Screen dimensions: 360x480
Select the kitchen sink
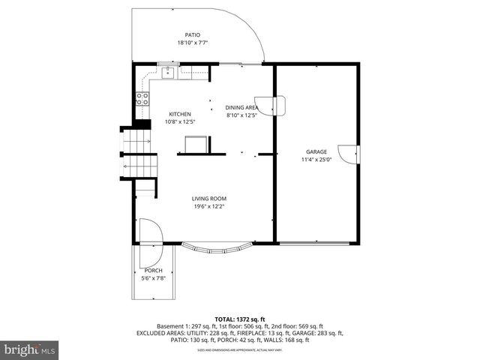(x=169, y=72)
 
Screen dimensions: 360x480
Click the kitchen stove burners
(x=141, y=97)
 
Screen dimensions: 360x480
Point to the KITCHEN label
(x=180, y=114)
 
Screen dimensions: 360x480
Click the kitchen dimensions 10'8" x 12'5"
(x=180, y=121)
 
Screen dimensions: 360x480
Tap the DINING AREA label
(x=241, y=107)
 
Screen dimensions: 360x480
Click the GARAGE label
(x=316, y=151)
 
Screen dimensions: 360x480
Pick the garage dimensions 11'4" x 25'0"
(x=316, y=159)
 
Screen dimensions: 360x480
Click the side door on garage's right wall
(x=349, y=154)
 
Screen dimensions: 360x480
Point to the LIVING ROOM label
(x=208, y=199)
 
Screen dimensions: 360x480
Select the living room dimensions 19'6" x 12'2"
(x=208, y=206)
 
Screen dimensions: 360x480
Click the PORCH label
(x=153, y=271)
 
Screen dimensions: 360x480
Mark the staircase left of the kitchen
(x=139, y=154)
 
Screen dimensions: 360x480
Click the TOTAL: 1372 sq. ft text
(x=240, y=319)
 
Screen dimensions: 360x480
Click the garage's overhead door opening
(x=315, y=243)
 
